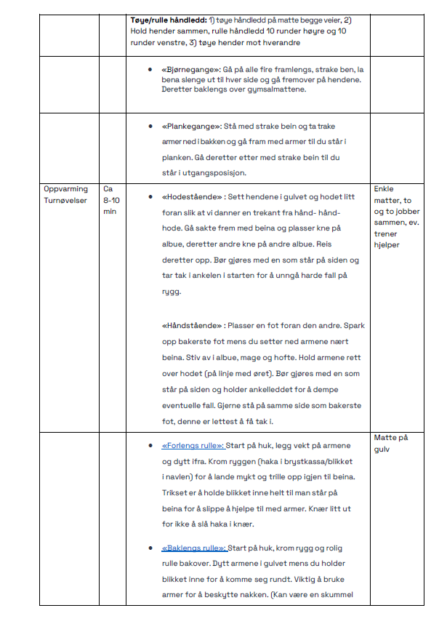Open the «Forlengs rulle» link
pos(193,445)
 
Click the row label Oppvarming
pos(66,189)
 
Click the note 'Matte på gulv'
pos(391,443)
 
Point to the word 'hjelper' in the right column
pos(388,244)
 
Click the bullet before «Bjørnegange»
pos(149,69)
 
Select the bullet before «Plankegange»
pos(149,126)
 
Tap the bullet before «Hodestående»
pos(149,196)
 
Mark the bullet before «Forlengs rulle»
pos(149,445)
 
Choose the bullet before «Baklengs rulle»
pos(149,548)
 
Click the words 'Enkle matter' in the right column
pos(392,195)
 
